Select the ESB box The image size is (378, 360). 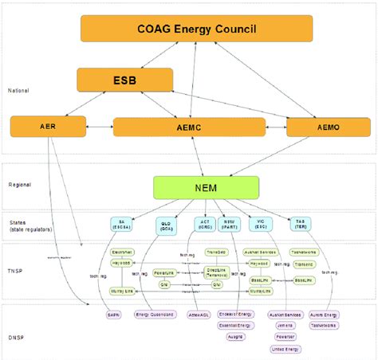click(125, 80)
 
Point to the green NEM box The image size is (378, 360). click(207, 187)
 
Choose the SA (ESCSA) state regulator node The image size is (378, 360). click(122, 224)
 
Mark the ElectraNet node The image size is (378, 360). click(120, 252)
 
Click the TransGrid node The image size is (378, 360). click(215, 252)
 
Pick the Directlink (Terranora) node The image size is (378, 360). click(215, 272)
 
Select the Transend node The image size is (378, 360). click(304, 263)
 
